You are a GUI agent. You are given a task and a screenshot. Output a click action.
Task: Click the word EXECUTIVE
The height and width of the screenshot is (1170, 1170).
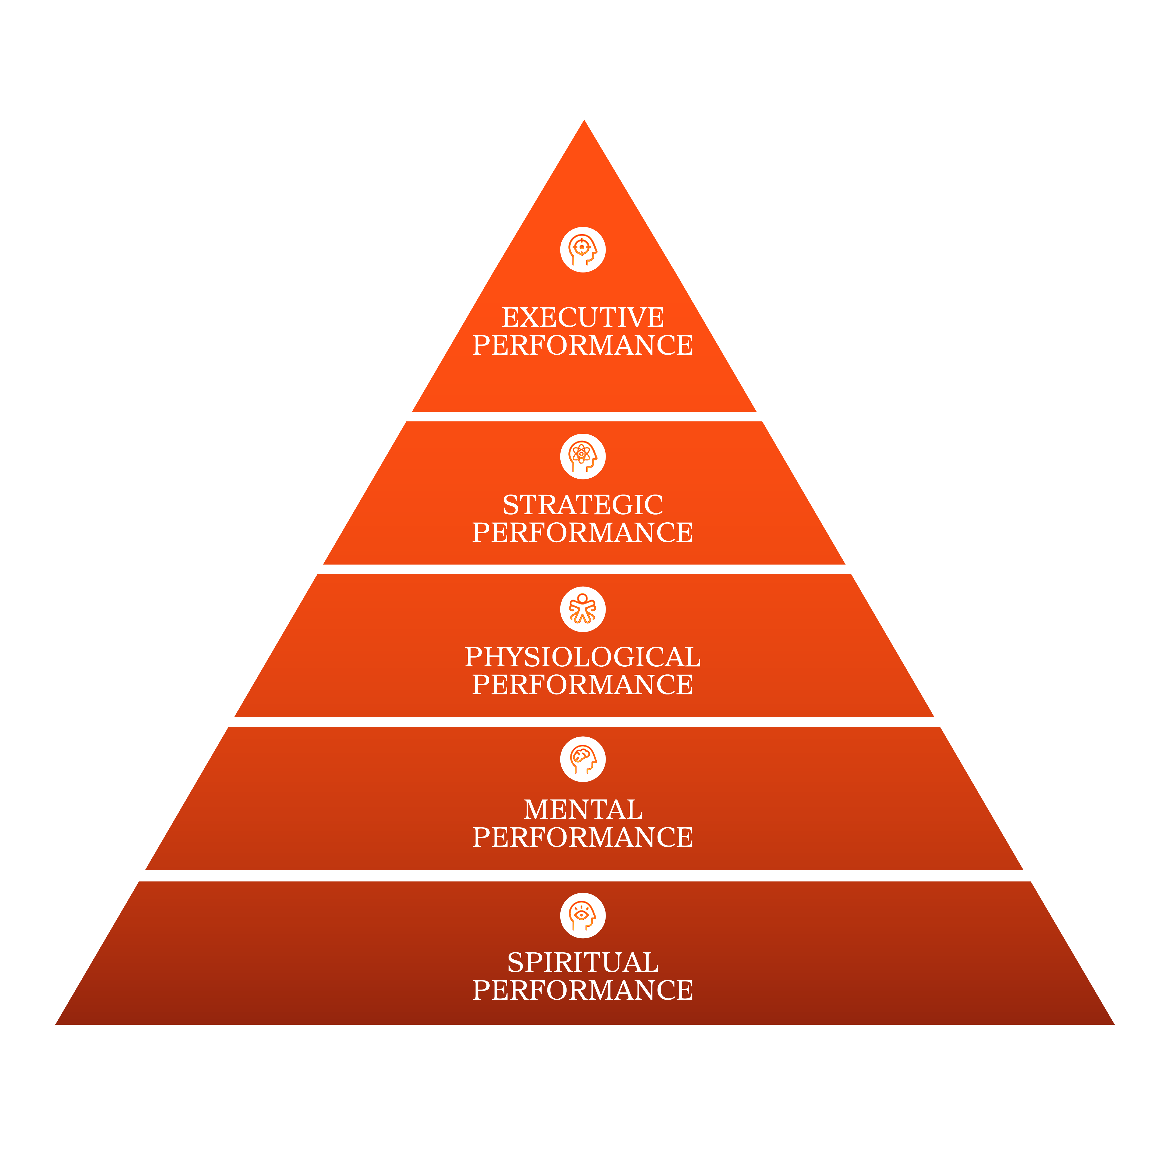tap(583, 317)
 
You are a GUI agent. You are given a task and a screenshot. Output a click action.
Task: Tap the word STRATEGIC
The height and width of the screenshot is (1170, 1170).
tap(583, 505)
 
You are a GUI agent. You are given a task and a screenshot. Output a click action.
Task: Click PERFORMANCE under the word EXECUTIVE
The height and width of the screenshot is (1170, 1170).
tap(583, 345)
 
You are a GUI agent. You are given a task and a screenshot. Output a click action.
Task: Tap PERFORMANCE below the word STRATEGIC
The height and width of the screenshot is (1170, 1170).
tap(583, 533)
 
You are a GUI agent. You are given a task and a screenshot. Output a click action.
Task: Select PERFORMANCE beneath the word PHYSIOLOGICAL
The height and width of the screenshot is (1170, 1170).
tap(583, 685)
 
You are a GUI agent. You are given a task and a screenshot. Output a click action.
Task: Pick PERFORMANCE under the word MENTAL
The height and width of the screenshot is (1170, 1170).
tap(583, 837)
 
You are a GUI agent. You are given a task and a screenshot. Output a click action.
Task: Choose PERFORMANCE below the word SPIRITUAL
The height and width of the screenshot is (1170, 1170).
tap(583, 990)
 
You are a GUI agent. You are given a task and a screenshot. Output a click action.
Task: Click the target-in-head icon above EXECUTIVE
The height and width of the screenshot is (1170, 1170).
tap(583, 250)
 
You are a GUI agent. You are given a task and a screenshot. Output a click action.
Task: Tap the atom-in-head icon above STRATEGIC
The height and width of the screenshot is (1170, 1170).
tap(583, 456)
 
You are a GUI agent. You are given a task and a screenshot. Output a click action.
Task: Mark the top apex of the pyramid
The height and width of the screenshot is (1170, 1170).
tap(584, 121)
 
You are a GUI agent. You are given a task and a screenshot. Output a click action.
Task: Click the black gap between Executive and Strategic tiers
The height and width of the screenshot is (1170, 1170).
tap(584, 417)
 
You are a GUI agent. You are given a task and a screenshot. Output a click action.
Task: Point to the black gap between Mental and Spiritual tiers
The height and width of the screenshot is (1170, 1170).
tap(584, 876)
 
